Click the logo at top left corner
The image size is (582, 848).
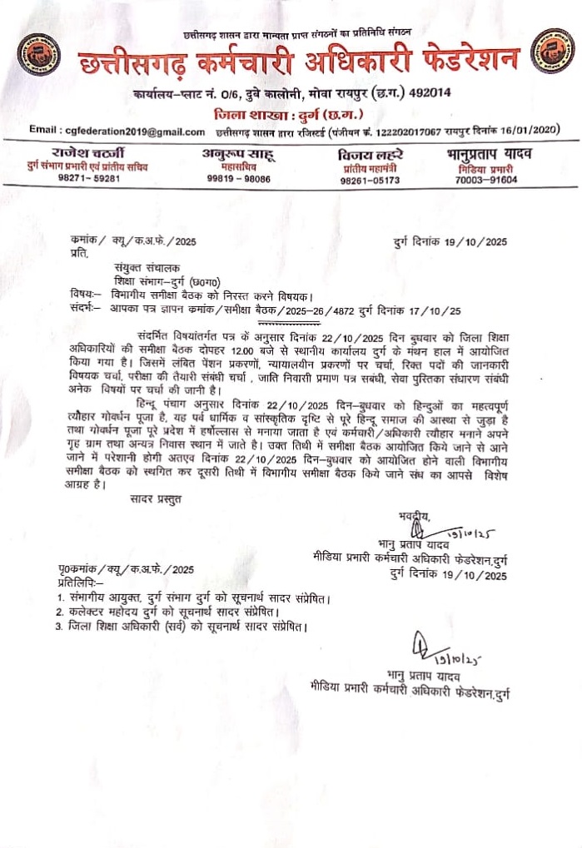pos(36,51)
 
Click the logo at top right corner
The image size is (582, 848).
pos(552,49)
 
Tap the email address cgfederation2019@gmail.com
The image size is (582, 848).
pos(117,131)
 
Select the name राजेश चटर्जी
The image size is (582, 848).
pos(86,153)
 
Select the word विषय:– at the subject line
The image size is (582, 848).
pos(86,295)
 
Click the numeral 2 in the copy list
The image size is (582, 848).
pos(60,612)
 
